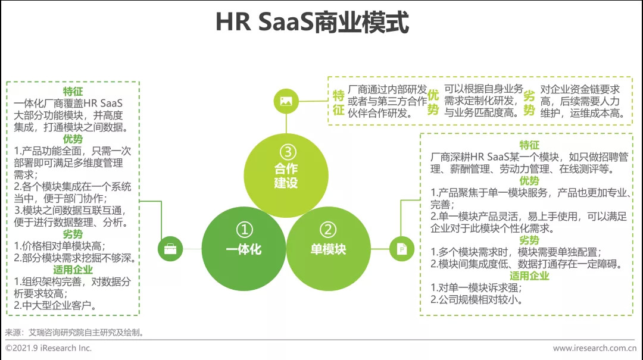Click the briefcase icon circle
[x=170, y=249]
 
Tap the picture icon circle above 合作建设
[x=286, y=101]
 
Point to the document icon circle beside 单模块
[x=402, y=249]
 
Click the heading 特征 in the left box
[x=73, y=92]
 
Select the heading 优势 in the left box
[x=73, y=139]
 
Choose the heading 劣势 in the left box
[x=73, y=233]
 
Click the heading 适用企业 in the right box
[x=529, y=276]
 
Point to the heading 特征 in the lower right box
[x=529, y=145]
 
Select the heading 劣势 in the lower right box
[x=529, y=240]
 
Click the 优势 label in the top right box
[x=433, y=102]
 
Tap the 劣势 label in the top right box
[x=529, y=102]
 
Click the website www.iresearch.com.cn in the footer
[x=594, y=348]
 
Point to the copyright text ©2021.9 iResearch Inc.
[x=49, y=348]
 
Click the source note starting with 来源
[x=74, y=332]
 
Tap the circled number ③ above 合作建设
[x=286, y=150]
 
